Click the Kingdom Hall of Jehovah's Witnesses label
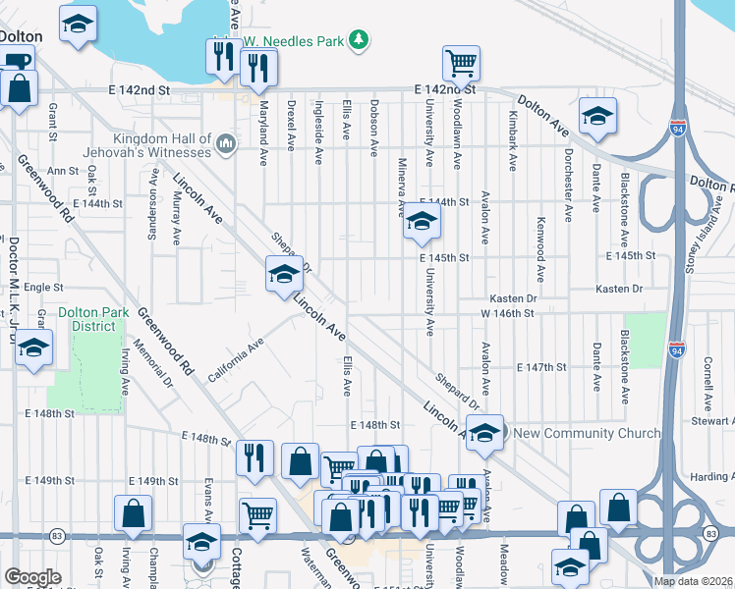(x=162, y=145)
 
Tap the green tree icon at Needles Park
(x=361, y=38)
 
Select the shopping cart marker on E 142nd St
(x=461, y=64)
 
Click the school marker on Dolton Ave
(x=596, y=116)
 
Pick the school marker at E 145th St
(x=421, y=225)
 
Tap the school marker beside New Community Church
(x=484, y=432)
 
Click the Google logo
(x=33, y=577)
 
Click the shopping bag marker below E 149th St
(x=133, y=513)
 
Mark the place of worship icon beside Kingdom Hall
(x=226, y=145)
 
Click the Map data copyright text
(x=694, y=581)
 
